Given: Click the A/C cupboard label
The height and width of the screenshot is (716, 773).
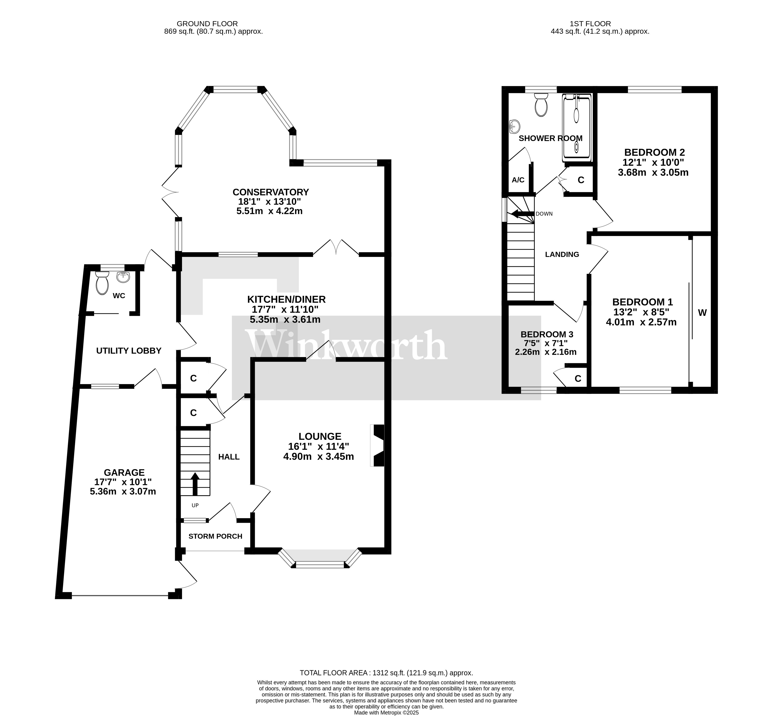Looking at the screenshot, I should [x=518, y=180].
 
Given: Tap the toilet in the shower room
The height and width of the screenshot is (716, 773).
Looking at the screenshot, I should [x=541, y=105].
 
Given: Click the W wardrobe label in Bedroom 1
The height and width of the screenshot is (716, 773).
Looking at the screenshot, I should [x=702, y=313].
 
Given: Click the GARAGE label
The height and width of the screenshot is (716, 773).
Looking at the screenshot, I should [x=124, y=473].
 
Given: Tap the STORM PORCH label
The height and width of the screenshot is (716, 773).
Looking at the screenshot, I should [x=215, y=536].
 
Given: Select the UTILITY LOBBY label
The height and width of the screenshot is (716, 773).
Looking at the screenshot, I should [x=129, y=351].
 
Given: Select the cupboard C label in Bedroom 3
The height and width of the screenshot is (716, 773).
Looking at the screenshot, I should [x=578, y=379].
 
